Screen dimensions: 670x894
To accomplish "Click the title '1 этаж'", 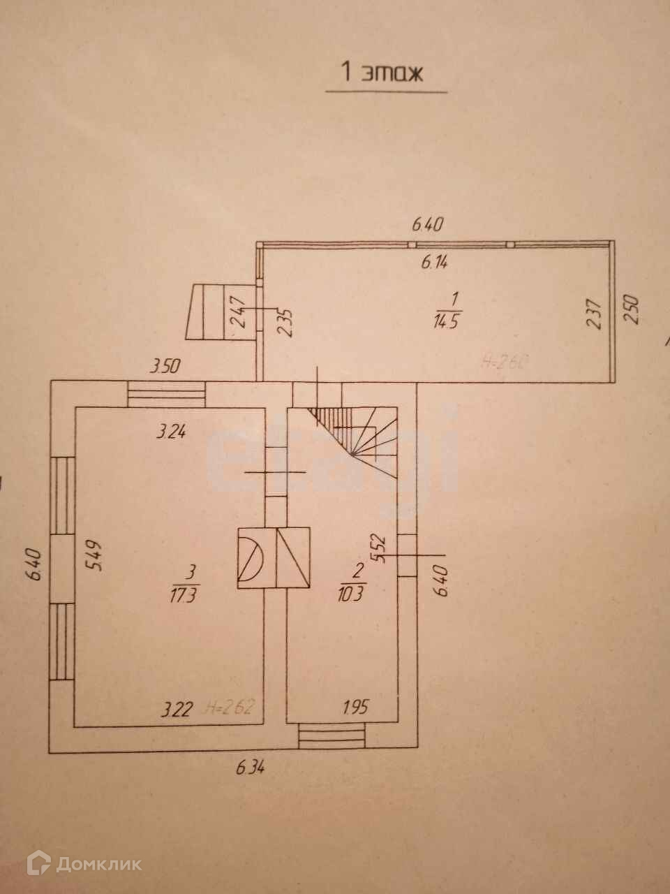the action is pos(381,72).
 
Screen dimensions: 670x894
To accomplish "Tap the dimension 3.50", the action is pos(166,365).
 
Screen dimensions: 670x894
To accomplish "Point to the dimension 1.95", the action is pos(357,710).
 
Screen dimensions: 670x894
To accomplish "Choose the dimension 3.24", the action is pos(171,432).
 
